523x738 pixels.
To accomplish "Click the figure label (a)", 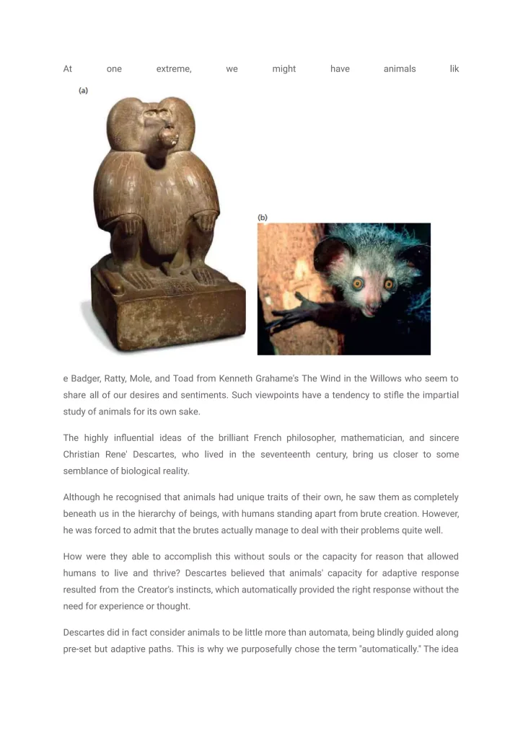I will click(83, 91).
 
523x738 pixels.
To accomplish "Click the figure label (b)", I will click(263, 217).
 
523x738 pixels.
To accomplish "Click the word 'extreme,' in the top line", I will click(174, 69).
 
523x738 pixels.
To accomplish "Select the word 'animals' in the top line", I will click(399, 69).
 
